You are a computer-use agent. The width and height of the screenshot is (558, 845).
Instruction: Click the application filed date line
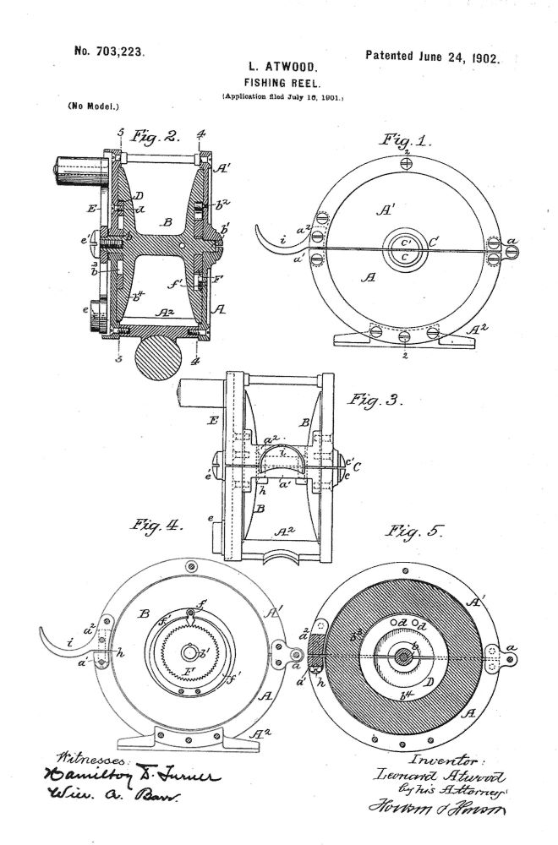(x=282, y=99)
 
